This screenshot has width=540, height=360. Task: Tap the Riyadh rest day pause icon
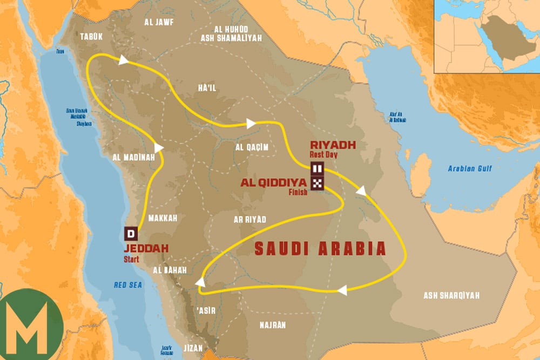tap(316, 169)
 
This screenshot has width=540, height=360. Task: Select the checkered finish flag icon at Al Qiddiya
tap(316, 182)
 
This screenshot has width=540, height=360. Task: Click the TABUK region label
tap(91, 36)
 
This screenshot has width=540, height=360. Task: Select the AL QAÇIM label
tap(251, 146)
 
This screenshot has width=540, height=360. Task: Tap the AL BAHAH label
tap(170, 269)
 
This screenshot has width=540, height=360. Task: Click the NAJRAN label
tap(272, 324)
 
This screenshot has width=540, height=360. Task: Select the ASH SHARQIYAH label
tap(451, 295)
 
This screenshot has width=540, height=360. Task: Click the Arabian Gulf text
tap(470, 169)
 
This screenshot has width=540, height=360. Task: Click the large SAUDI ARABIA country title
tap(320, 248)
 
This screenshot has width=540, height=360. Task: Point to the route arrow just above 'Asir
tap(200, 282)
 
